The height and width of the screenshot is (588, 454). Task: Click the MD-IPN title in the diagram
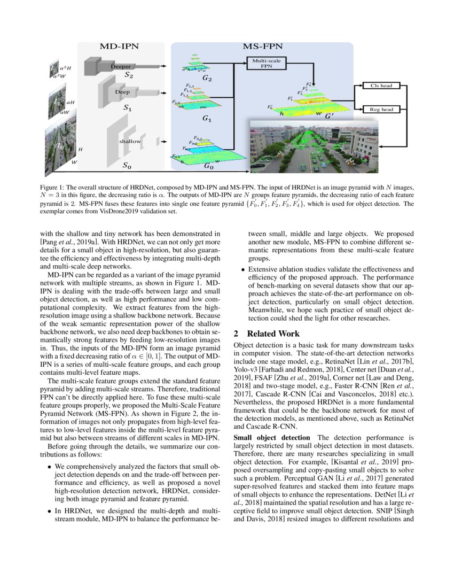click(119, 47)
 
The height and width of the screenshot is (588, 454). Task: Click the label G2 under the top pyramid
click(207, 80)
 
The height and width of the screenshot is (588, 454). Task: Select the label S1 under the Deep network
click(128, 108)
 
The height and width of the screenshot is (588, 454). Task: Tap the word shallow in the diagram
click(130, 142)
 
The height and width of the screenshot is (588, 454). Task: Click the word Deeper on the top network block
click(121, 66)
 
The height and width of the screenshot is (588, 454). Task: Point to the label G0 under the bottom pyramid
click(209, 167)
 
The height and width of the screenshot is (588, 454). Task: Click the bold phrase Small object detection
click(265, 438)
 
